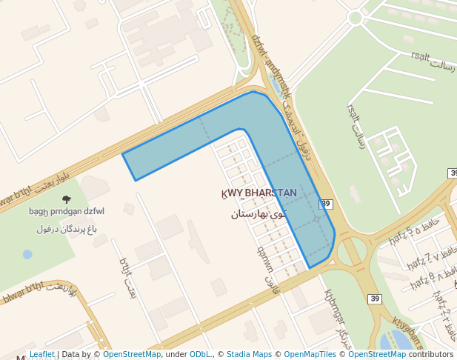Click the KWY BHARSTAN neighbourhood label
(259, 193)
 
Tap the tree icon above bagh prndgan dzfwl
(67, 199)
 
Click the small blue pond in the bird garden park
(27, 254)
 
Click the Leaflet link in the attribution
(42, 355)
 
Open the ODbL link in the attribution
(199, 355)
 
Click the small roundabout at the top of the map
(355, 16)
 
